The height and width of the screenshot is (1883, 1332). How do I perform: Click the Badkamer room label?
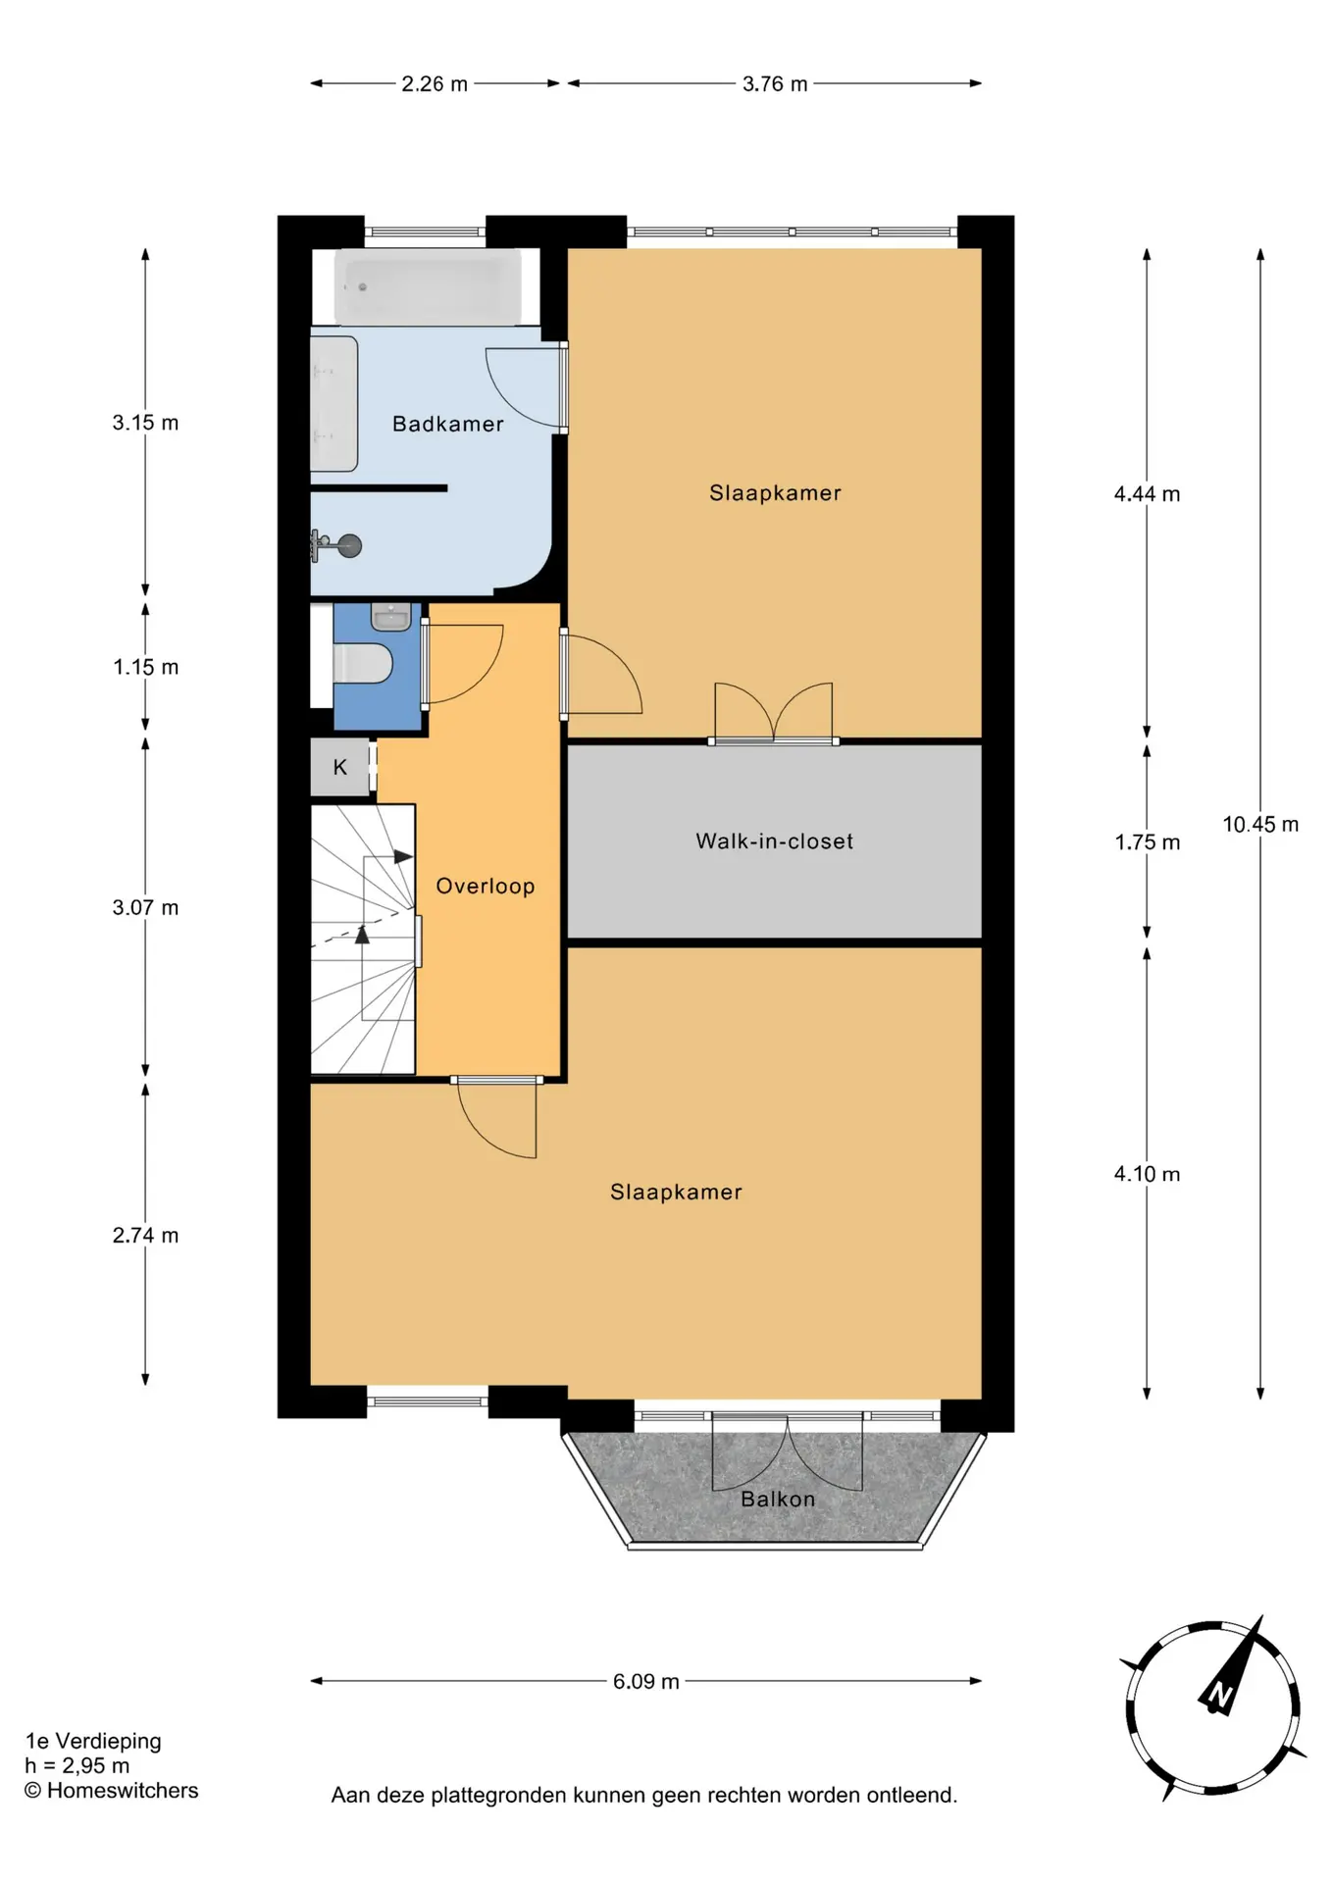[447, 424]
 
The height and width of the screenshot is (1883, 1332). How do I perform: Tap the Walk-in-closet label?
[774, 840]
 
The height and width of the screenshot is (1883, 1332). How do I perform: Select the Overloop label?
[485, 886]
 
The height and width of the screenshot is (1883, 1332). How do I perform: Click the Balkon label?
[777, 1499]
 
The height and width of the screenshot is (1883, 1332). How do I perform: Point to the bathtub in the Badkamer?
[428, 286]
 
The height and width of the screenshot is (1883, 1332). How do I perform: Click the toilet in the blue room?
[363, 663]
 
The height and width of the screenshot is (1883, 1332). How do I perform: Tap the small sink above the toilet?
[390, 617]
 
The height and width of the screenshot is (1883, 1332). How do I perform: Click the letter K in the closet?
[339, 767]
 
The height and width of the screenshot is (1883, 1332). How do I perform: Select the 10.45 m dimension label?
[1259, 824]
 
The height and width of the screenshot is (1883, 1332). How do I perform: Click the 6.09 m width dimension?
[645, 1681]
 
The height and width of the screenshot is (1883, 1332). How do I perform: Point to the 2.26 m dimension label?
[434, 83]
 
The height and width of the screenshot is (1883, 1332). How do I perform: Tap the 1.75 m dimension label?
[1147, 841]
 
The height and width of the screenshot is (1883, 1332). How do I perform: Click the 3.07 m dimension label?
[145, 907]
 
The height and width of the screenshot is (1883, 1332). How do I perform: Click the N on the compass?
[1219, 1694]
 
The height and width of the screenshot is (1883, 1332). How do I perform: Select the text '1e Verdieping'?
[93, 1741]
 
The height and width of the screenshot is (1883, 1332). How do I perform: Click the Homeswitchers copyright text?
[111, 1790]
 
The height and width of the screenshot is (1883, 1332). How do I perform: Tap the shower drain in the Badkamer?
[348, 545]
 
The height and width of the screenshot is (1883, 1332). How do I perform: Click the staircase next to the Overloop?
[363, 939]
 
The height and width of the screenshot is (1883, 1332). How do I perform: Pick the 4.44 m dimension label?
[1147, 493]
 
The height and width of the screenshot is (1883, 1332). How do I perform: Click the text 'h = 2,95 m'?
[77, 1765]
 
